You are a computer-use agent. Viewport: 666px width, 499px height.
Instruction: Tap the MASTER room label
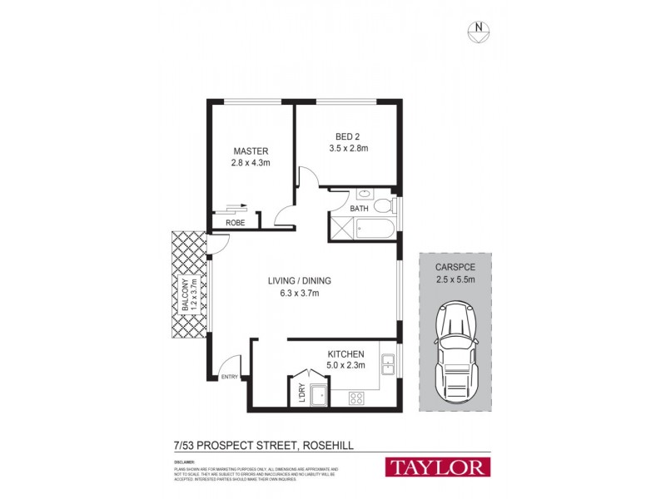[251, 151]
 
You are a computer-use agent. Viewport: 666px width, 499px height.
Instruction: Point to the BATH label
[359, 209]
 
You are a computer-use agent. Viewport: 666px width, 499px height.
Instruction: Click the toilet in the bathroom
[382, 206]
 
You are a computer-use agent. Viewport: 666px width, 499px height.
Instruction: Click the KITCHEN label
[346, 353]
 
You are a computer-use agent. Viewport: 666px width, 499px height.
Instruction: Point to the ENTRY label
[229, 378]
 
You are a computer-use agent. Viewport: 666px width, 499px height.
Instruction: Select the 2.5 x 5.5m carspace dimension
[455, 279]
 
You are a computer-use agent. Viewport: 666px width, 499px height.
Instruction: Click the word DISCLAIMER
[186, 460]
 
